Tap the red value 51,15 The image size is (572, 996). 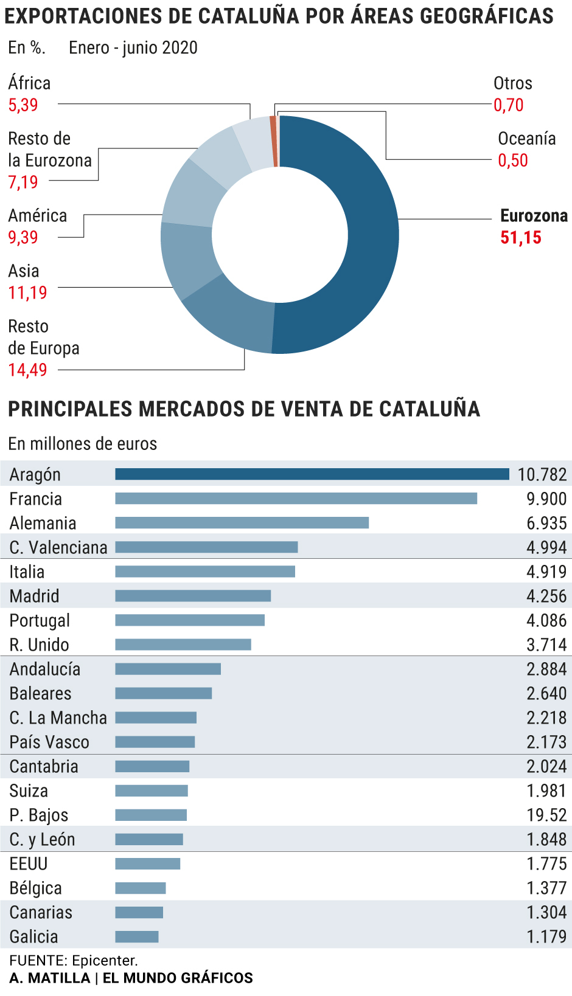520,238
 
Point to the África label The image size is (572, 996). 29,83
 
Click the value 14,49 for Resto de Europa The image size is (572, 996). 27,370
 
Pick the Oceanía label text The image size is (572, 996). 526,139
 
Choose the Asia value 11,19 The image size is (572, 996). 27,293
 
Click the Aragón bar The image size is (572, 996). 312,474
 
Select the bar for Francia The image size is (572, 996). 296,499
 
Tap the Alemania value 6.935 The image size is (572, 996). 546,523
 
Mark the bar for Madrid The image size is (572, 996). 193,596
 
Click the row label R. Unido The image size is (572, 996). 39,645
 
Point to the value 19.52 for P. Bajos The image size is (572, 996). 546,815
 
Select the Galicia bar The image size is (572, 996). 137,936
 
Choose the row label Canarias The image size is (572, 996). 41,912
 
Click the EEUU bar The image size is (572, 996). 148,863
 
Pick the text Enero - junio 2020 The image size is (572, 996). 133,47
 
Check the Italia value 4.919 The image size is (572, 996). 546,572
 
